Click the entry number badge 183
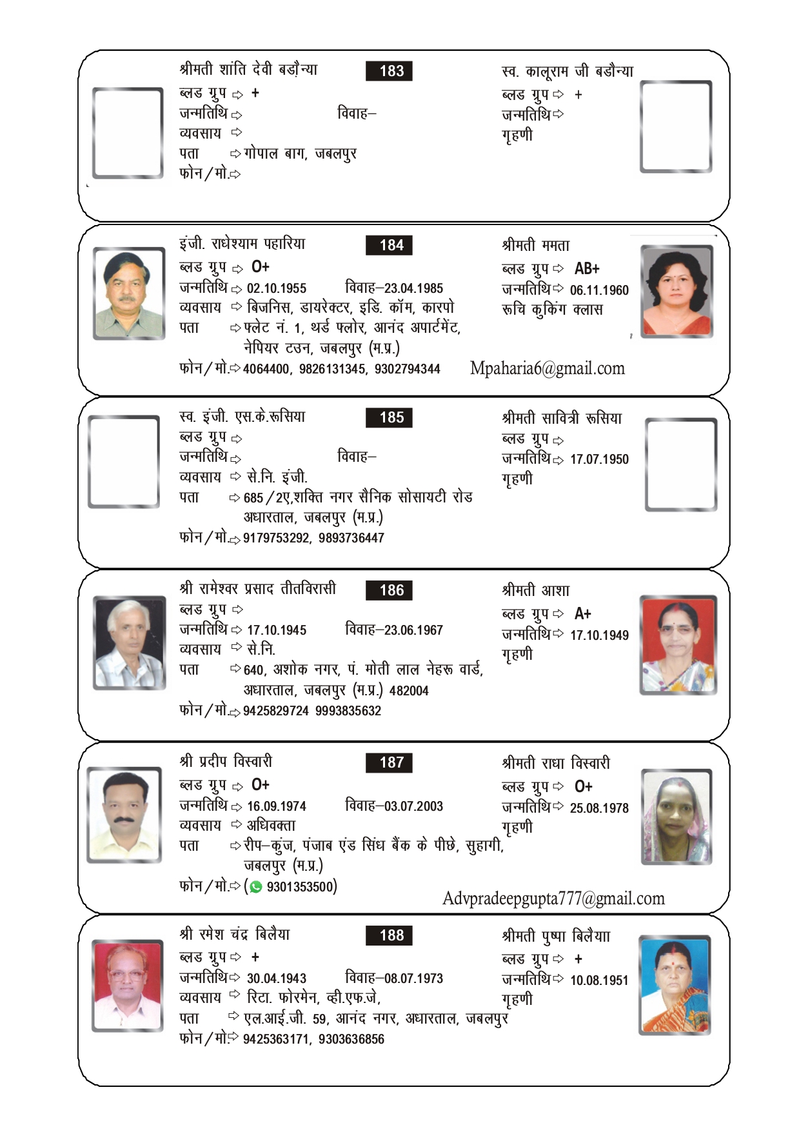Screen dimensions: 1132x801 pos(388,71)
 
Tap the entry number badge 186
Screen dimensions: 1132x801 pos(388,590)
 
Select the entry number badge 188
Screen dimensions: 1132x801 pos(388,935)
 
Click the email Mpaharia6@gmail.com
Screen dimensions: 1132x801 pos(547,368)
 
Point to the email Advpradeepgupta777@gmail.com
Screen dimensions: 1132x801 pos(553,899)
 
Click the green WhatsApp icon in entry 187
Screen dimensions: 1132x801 pos(256,887)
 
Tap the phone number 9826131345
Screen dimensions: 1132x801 pos(331,369)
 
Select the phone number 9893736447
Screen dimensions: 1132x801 pos(351,538)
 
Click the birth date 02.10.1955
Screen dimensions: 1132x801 pos(277,288)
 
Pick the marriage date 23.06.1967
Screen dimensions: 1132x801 pos(413,630)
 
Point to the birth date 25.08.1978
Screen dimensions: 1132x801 pos(598,808)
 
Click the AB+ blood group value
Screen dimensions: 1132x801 pos(587,268)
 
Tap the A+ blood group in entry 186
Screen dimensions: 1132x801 pos(582,613)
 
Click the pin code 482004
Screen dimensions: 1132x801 pos(409,691)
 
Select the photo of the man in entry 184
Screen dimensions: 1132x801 pos(128,293)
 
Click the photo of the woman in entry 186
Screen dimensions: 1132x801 pos(678,645)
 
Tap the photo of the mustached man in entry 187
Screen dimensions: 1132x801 pos(124,815)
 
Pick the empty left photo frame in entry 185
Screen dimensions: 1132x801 pos(124,462)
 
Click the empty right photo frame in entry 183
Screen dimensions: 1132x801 pos(676,127)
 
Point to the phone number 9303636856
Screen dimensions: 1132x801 pos(351,1039)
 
